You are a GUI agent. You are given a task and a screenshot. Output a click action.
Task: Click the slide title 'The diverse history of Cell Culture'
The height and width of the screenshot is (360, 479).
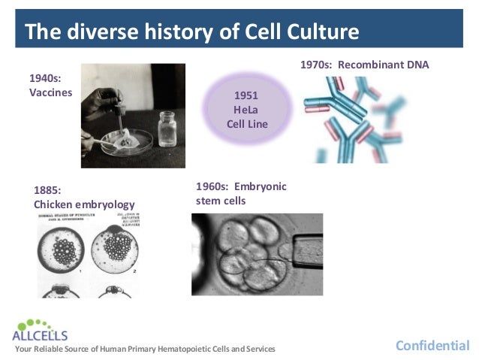(191, 32)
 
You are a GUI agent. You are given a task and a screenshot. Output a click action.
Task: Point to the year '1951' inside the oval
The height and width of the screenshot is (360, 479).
(246, 95)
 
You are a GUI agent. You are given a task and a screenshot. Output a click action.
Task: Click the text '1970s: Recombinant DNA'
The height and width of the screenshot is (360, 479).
(364, 65)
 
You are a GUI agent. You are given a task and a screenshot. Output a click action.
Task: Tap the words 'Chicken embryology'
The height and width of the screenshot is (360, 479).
(84, 204)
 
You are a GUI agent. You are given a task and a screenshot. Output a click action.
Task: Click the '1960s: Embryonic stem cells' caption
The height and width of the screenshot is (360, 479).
(240, 193)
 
